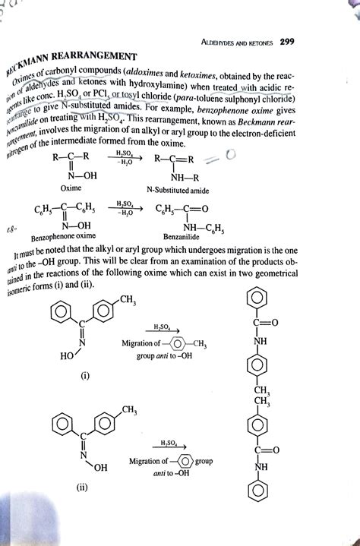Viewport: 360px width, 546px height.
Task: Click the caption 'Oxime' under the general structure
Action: pyautogui.click(x=71, y=186)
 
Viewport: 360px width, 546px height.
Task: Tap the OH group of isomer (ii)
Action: pyautogui.click(x=100, y=466)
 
